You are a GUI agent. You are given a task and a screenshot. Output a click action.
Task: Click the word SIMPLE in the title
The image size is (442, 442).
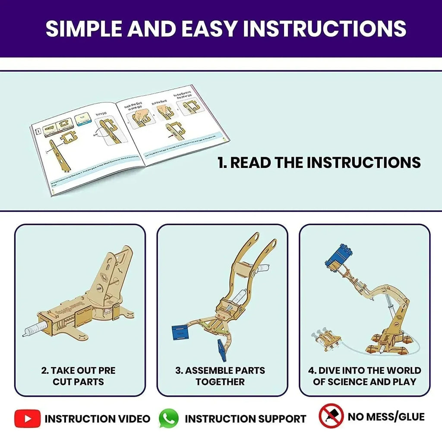[84, 28]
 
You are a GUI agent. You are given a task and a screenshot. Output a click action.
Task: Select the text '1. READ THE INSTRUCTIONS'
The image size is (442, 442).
[319, 163]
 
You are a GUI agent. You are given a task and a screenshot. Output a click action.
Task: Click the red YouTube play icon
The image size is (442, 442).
[27, 418]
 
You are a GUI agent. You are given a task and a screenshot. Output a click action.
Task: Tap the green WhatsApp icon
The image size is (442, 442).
[168, 418]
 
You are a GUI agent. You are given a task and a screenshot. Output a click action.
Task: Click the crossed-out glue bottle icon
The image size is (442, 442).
[331, 416]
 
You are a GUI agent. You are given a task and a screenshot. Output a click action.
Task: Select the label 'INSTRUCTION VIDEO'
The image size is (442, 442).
[98, 419]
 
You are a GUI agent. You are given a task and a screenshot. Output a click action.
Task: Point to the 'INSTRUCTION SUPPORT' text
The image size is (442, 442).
[245, 419]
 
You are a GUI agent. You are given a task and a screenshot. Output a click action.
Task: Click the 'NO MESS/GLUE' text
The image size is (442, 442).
[386, 417]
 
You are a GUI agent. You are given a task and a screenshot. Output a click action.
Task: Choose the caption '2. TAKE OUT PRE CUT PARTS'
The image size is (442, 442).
[79, 376]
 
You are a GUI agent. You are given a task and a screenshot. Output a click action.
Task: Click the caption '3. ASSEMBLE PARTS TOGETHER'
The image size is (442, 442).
[220, 376]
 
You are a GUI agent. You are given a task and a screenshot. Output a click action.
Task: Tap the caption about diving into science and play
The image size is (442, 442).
[365, 376]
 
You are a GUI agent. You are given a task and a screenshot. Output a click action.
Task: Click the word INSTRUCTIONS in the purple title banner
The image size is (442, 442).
[325, 28]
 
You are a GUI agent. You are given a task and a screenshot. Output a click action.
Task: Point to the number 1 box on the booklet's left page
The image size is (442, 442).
[38, 130]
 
